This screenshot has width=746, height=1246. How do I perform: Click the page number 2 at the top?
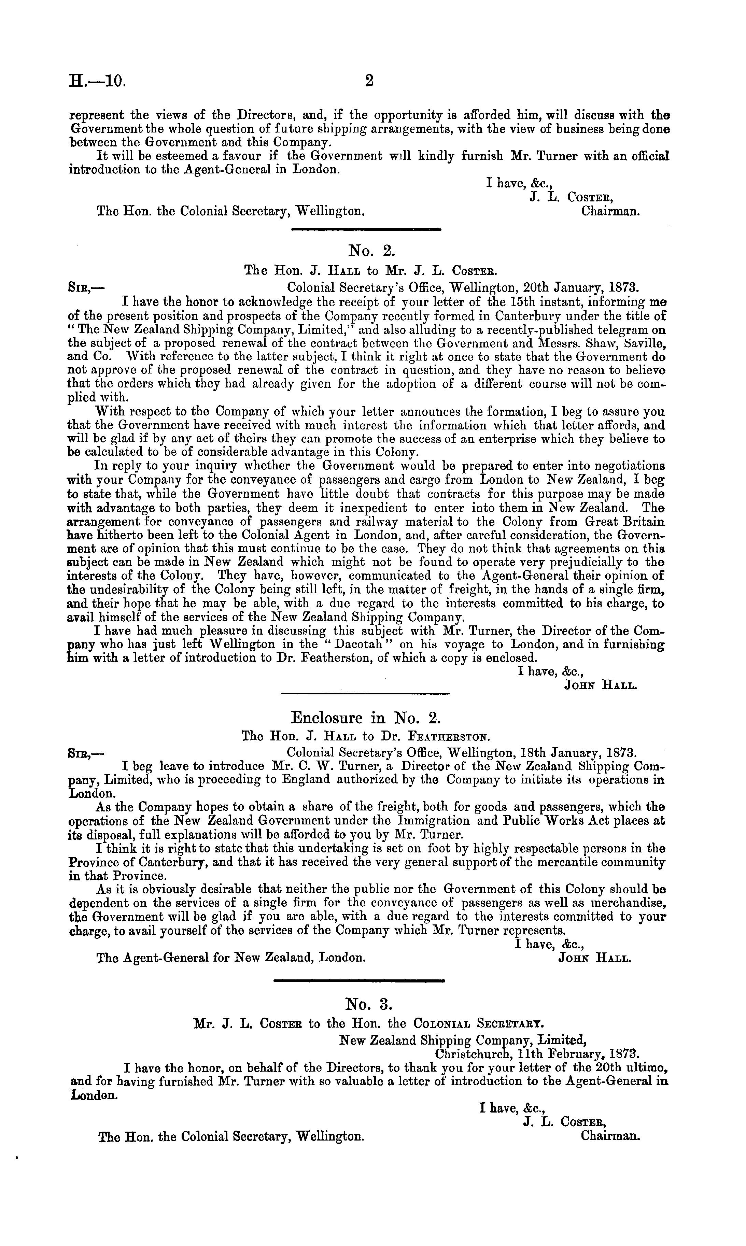[x=369, y=81]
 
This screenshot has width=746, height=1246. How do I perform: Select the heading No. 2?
[x=369, y=250]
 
